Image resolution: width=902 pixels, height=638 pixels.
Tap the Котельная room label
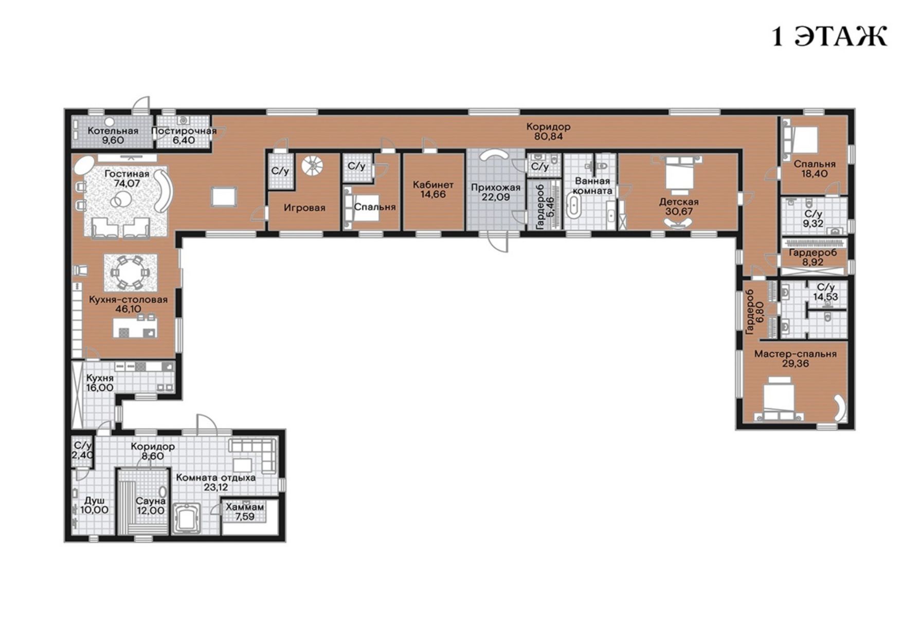[x=113, y=131]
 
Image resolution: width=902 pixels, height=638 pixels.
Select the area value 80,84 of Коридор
[x=548, y=137]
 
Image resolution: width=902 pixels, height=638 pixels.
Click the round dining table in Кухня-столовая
[x=130, y=271]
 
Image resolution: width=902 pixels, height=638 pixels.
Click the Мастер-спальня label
[x=795, y=354]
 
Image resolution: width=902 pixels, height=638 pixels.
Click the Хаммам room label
[x=245, y=507]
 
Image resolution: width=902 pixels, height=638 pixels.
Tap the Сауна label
[x=151, y=501]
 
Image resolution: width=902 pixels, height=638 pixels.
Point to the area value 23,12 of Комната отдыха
[x=216, y=487]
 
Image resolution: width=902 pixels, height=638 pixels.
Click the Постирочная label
[x=184, y=131]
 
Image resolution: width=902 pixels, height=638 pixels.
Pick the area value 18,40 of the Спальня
[x=815, y=174]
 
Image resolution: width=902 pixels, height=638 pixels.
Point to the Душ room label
[x=95, y=501]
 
